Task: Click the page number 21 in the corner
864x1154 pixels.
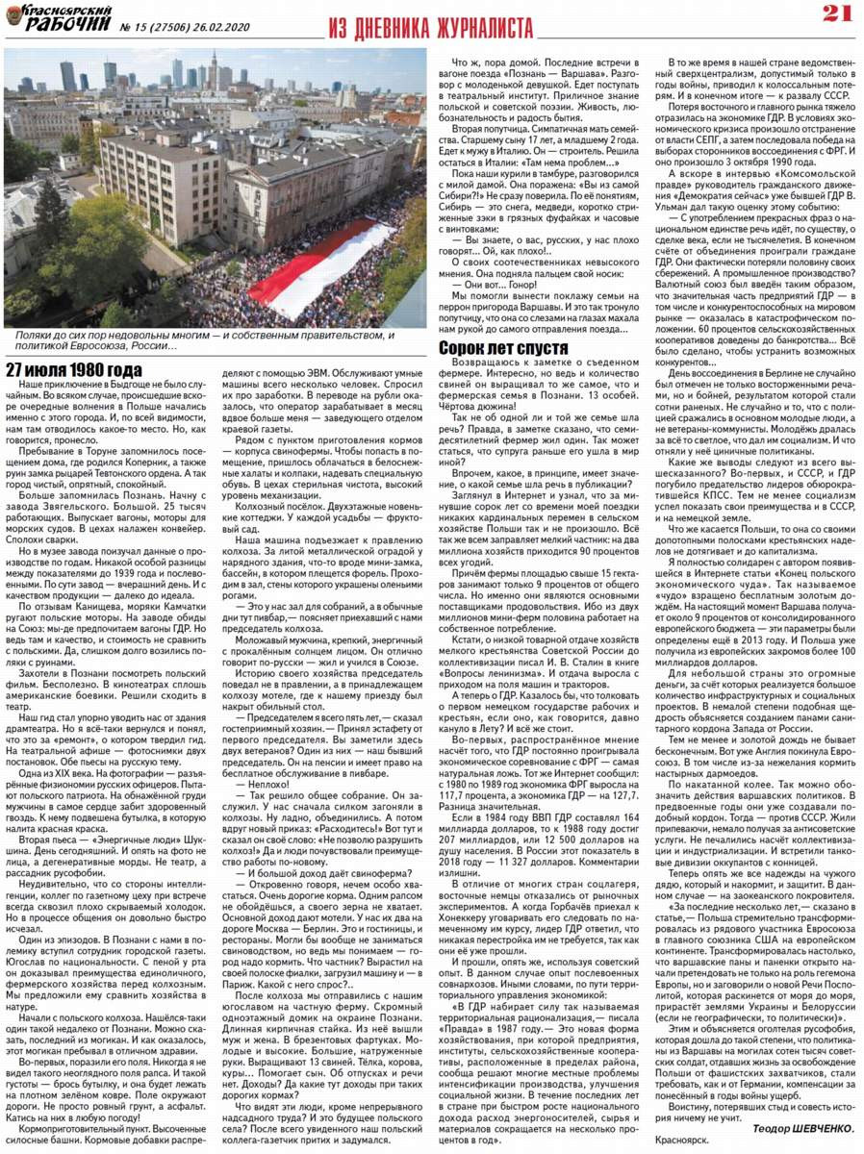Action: tap(835, 13)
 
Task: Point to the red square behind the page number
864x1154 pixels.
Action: tap(835, 13)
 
